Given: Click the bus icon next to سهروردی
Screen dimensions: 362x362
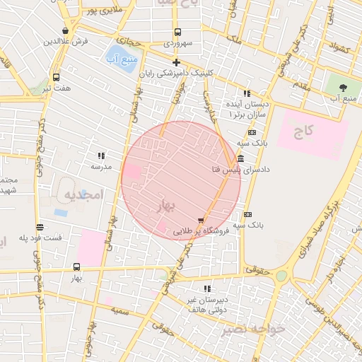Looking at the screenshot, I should (177, 32).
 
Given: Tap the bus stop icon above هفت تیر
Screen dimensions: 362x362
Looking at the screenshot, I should (56, 77).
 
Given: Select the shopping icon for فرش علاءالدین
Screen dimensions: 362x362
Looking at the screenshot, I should (66, 31).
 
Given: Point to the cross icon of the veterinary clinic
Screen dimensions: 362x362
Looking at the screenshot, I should (176, 63).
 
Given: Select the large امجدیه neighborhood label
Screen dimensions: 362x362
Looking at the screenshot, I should (84, 194).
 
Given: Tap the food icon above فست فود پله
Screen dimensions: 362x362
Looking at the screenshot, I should (40, 227).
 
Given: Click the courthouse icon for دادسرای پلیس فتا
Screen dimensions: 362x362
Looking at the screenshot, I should (241, 159).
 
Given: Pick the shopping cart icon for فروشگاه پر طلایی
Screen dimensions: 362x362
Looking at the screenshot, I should (202, 221).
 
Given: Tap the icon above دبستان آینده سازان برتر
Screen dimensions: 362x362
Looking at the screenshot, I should (246, 93).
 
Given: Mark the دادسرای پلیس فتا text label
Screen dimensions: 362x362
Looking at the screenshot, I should (240, 170).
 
